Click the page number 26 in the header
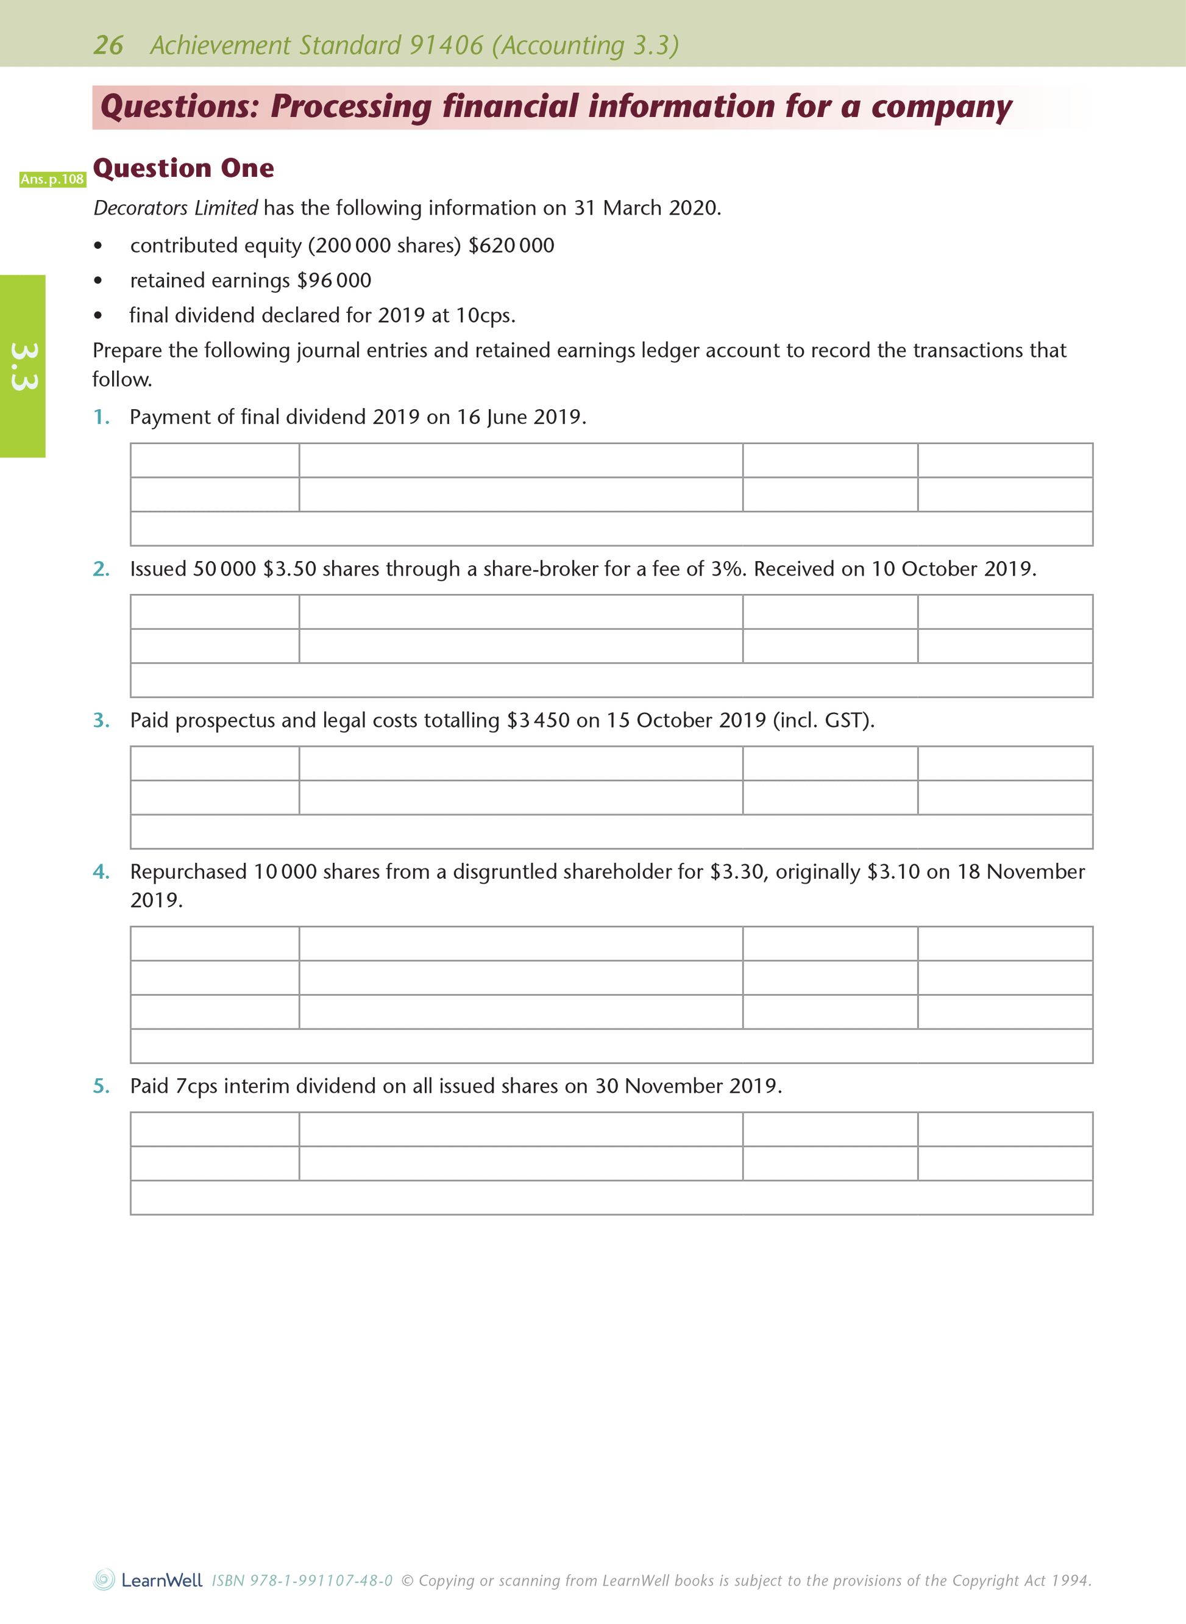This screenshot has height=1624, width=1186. pyautogui.click(x=108, y=45)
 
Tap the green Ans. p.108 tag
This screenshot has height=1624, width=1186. pyautogui.click(x=52, y=179)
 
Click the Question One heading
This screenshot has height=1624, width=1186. pyautogui.click(x=184, y=168)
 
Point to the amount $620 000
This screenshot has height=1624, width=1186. pyautogui.click(x=511, y=246)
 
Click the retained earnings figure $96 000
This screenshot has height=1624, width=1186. pyautogui.click(x=334, y=280)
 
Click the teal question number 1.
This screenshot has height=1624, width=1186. pyautogui.click(x=101, y=417)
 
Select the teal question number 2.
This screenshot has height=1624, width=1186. pyautogui.click(x=101, y=569)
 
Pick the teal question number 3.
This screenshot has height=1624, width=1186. pyautogui.click(x=101, y=720)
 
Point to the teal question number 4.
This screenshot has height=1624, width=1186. pyautogui.click(x=101, y=872)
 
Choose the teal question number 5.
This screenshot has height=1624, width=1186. pyautogui.click(x=101, y=1086)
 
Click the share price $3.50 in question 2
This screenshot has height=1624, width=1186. pyautogui.click(x=289, y=569)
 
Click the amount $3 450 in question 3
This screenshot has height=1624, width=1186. pyautogui.click(x=538, y=720)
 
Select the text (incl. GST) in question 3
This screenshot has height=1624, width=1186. pyautogui.click(x=823, y=720)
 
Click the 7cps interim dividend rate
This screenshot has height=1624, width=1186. pyautogui.click(x=196, y=1086)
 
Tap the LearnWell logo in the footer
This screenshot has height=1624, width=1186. pyautogui.click(x=148, y=1580)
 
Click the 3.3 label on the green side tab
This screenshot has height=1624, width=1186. pyautogui.click(x=23, y=367)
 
